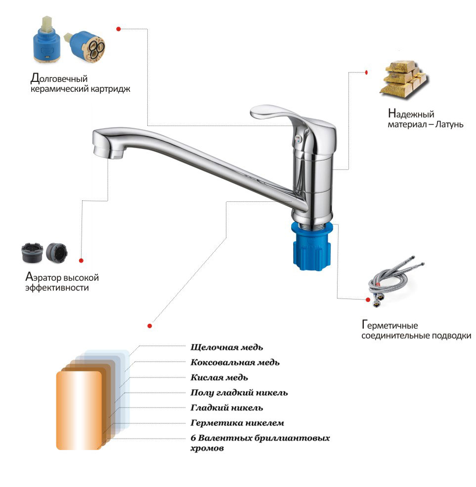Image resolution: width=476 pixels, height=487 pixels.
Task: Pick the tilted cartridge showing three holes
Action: (86, 46)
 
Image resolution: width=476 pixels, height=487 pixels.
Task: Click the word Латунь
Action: (449, 124)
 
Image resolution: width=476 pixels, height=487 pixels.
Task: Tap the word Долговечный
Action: (59, 78)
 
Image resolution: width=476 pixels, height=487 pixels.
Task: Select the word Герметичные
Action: (390, 325)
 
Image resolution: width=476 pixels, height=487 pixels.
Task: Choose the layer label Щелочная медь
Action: (226, 347)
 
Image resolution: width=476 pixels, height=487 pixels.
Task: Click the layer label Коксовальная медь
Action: (235, 363)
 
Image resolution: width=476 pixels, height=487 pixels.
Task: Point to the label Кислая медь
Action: (219, 377)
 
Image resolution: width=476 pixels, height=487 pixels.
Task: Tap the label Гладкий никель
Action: (226, 408)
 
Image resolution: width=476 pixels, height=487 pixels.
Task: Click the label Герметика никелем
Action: (237, 423)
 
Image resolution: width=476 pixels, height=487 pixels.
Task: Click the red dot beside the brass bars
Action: (366, 73)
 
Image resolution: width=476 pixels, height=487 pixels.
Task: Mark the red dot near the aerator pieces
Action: (81, 261)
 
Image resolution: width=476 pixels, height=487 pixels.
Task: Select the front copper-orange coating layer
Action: (79, 411)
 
